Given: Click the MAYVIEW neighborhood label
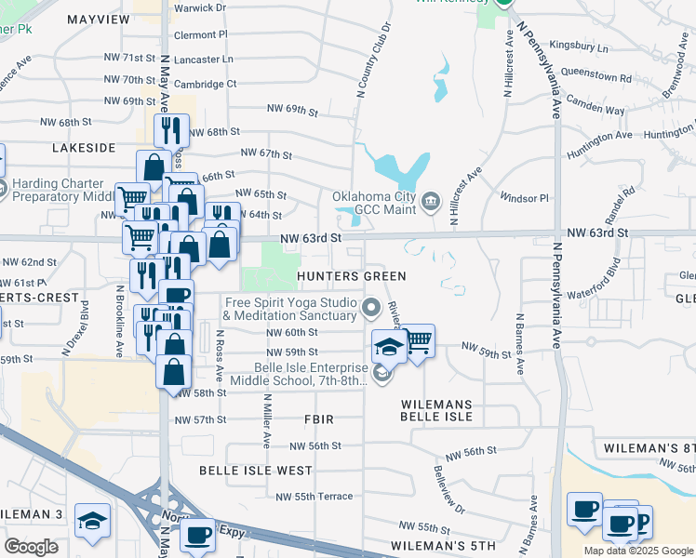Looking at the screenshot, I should (99, 19).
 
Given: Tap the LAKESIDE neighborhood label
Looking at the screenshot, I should (84, 147).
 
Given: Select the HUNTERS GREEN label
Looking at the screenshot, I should (352, 276).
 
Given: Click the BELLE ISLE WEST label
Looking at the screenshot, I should (256, 471).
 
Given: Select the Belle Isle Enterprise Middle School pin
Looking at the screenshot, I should (381, 373).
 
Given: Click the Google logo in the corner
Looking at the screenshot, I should (31, 547).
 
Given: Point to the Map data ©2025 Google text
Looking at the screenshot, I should (637, 551).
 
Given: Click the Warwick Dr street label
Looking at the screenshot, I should (200, 7).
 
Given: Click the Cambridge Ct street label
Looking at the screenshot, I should (205, 84).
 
